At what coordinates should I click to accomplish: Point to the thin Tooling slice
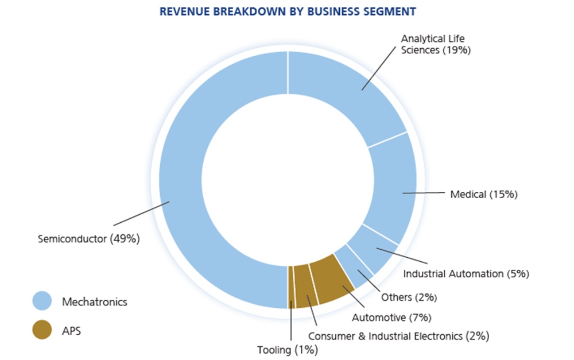pyautogui.click(x=291, y=287)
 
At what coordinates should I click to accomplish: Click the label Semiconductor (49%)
pyautogui.click(x=88, y=239)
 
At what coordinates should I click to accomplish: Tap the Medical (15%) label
pyautogui.click(x=484, y=195)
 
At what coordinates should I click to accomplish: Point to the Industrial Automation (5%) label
pyautogui.click(x=466, y=273)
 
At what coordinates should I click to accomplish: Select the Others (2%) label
pyautogui.click(x=409, y=297)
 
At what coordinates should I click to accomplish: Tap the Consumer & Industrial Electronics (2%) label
pyautogui.click(x=399, y=335)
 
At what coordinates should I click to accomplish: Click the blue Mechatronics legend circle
pyautogui.click(x=41, y=301)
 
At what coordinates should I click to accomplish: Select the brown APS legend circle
pyautogui.click(x=41, y=330)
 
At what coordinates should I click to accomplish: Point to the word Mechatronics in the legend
pyautogui.click(x=95, y=301)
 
